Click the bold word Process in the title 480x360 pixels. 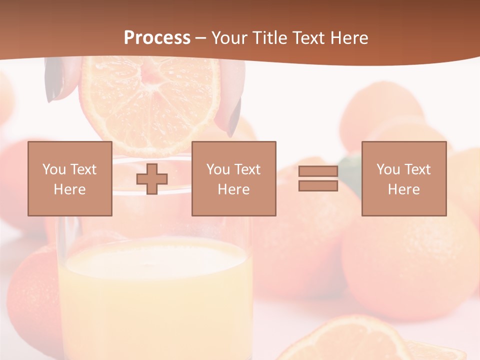pos(157,38)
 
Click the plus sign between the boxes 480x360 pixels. pos(152,179)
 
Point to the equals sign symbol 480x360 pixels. pos(318,178)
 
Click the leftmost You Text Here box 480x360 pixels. pos(70,179)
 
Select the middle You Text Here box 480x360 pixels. pos(233,179)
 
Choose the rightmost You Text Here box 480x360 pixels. pos(403,179)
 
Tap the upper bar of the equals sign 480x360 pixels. pos(318,171)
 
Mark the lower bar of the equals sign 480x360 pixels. pos(318,185)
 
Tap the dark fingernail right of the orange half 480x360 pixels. pos(234,117)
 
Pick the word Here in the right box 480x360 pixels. pos(403,189)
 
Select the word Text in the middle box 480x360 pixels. pos(246,169)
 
